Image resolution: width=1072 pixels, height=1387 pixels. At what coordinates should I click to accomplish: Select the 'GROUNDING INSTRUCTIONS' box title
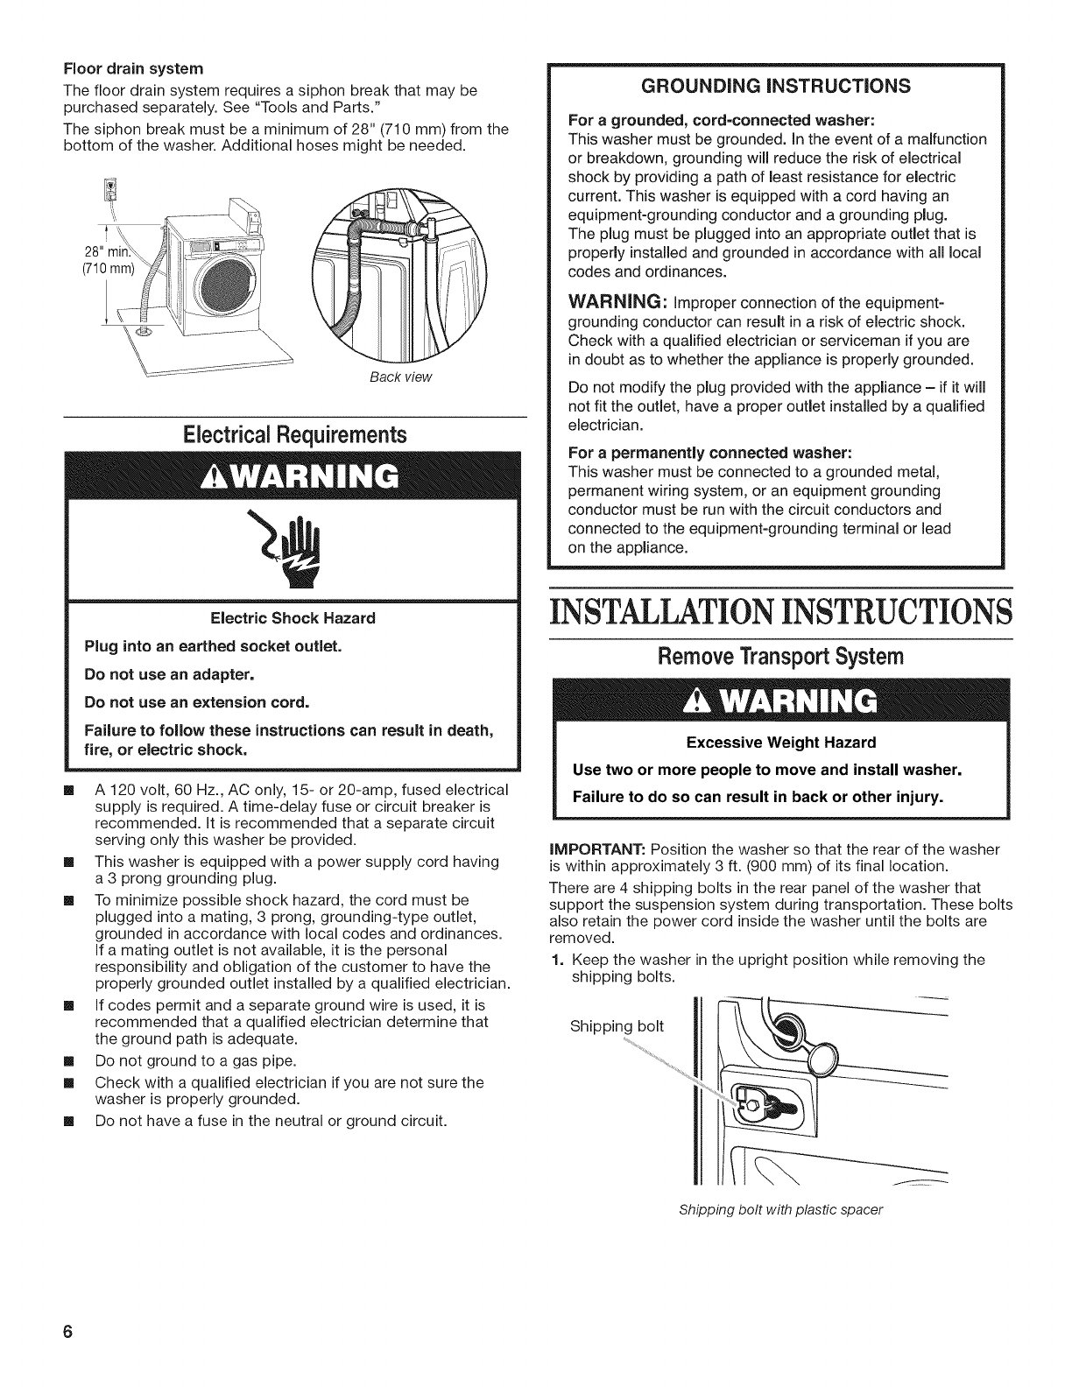775,85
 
